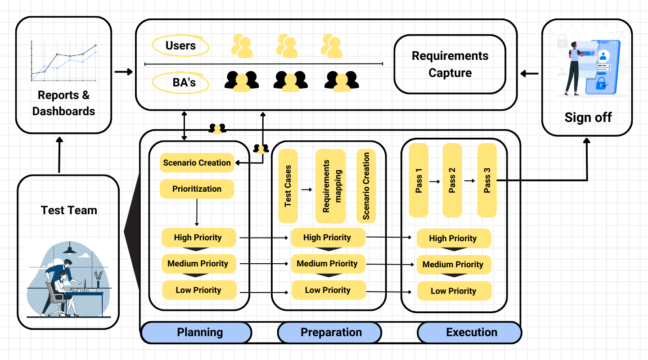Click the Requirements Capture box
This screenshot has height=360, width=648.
click(x=450, y=64)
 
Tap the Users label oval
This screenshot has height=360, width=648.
click(x=180, y=45)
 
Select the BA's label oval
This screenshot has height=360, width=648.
click(x=180, y=83)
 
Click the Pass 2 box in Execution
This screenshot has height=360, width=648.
click(x=452, y=180)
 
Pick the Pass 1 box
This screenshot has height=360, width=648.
click(x=418, y=180)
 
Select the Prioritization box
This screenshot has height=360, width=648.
click(x=197, y=189)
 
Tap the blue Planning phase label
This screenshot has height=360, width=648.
click(x=196, y=333)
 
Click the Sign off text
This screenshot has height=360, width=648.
click(x=588, y=117)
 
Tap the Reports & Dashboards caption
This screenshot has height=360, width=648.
click(x=63, y=103)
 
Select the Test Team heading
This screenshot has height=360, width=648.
click(x=69, y=210)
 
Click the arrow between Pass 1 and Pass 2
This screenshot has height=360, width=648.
click(x=435, y=181)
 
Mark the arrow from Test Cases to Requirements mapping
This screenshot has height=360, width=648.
click(x=306, y=190)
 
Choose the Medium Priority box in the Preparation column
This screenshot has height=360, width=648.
click(x=328, y=264)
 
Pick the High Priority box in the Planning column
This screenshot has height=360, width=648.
click(x=198, y=238)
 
